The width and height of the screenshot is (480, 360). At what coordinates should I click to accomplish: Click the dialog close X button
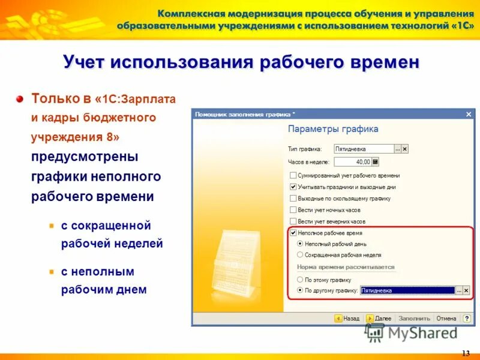pos(469,114)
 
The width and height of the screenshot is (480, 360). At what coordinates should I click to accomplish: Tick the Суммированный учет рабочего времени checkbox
pos(293,176)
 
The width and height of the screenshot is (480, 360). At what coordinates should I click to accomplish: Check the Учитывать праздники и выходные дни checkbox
pos(293,187)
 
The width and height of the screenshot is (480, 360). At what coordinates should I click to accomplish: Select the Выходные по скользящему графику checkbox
pos(293,199)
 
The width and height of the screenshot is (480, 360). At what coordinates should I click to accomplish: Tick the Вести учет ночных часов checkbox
pos(293,210)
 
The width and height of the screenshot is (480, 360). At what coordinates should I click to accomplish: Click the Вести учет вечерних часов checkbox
pos(293,221)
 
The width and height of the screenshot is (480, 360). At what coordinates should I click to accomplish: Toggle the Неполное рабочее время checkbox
pos(293,233)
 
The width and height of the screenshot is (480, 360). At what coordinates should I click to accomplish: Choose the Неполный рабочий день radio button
pos(300,244)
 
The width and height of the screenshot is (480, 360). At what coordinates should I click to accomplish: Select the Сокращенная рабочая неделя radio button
pos(300,255)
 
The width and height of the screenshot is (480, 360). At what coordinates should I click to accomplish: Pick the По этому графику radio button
pos(300,280)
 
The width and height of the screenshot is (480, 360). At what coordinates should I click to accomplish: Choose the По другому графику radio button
pos(300,290)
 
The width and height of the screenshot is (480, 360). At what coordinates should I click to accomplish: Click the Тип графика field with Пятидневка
pos(364,149)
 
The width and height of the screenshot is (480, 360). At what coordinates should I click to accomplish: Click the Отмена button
pos(446,319)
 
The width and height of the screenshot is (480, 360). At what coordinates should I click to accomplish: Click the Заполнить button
pos(414,319)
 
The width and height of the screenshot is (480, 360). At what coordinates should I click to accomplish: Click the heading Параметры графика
pos(333,129)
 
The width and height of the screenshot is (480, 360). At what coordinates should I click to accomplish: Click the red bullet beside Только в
pos(20,98)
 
